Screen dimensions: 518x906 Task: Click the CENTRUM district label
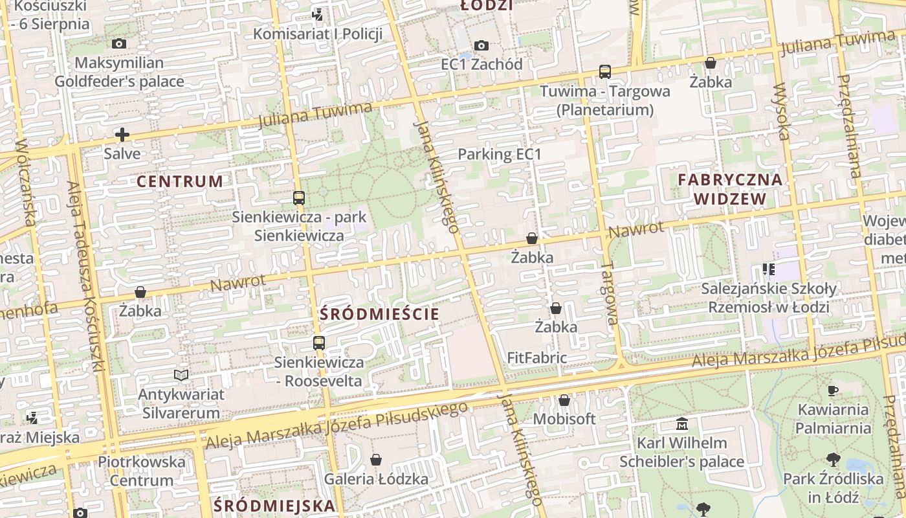179,181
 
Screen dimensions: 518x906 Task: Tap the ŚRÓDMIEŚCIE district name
379,314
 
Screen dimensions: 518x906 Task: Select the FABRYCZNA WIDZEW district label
730,188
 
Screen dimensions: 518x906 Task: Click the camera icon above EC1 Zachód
481,45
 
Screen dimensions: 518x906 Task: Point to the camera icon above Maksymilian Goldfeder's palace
119,44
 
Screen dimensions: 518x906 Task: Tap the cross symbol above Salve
122,135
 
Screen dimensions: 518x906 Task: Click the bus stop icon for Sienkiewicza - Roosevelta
318,343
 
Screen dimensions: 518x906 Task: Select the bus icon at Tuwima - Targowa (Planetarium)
604,72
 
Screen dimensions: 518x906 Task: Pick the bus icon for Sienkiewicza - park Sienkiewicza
298,198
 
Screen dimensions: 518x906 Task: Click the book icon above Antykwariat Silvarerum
181,375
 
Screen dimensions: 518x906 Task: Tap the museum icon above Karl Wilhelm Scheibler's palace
681,424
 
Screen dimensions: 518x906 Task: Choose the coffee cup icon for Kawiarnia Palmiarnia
833,390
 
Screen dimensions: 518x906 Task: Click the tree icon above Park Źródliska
833,460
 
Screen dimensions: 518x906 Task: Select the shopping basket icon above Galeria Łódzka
376,460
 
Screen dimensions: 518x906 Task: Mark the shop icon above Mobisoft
564,400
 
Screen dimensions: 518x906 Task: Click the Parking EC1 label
499,154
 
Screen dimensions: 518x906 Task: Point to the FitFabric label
536,357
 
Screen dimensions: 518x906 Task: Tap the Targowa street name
609,293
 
